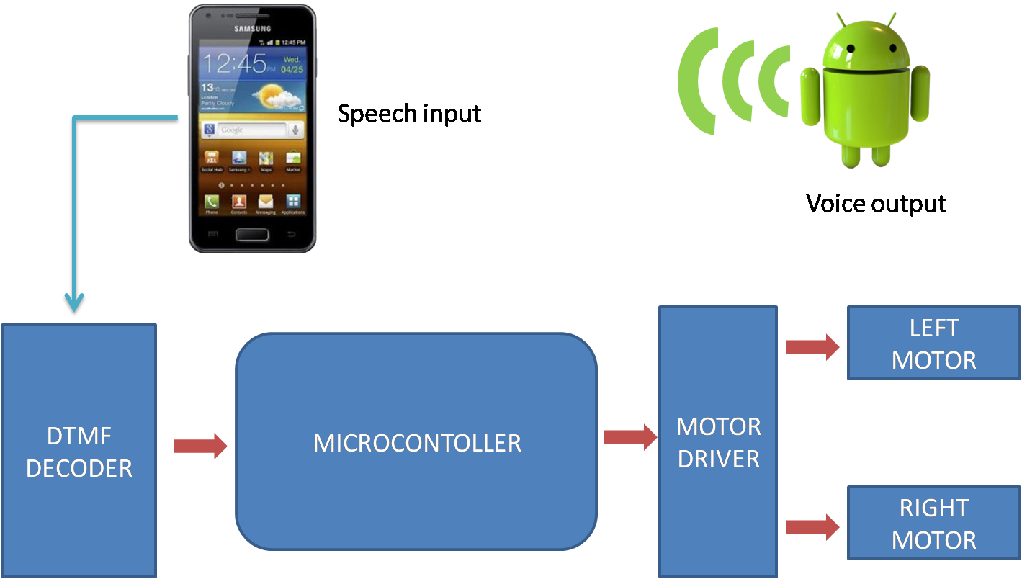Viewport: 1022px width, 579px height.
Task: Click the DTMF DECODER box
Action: (x=79, y=451)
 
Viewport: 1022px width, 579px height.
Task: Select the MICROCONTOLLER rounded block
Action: (x=416, y=442)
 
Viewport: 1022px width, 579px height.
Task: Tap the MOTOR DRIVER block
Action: (x=718, y=441)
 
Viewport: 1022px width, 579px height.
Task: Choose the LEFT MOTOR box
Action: (x=933, y=344)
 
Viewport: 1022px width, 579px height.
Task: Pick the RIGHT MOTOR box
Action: (x=933, y=524)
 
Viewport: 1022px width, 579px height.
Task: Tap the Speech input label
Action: (x=409, y=114)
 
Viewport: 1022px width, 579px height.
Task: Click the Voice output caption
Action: (x=876, y=204)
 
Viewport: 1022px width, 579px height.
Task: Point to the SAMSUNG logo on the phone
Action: (x=252, y=29)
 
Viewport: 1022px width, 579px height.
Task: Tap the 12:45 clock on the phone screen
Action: (x=233, y=64)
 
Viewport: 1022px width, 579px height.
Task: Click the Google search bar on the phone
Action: (x=245, y=130)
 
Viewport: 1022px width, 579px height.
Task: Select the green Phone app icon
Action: (x=212, y=202)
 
